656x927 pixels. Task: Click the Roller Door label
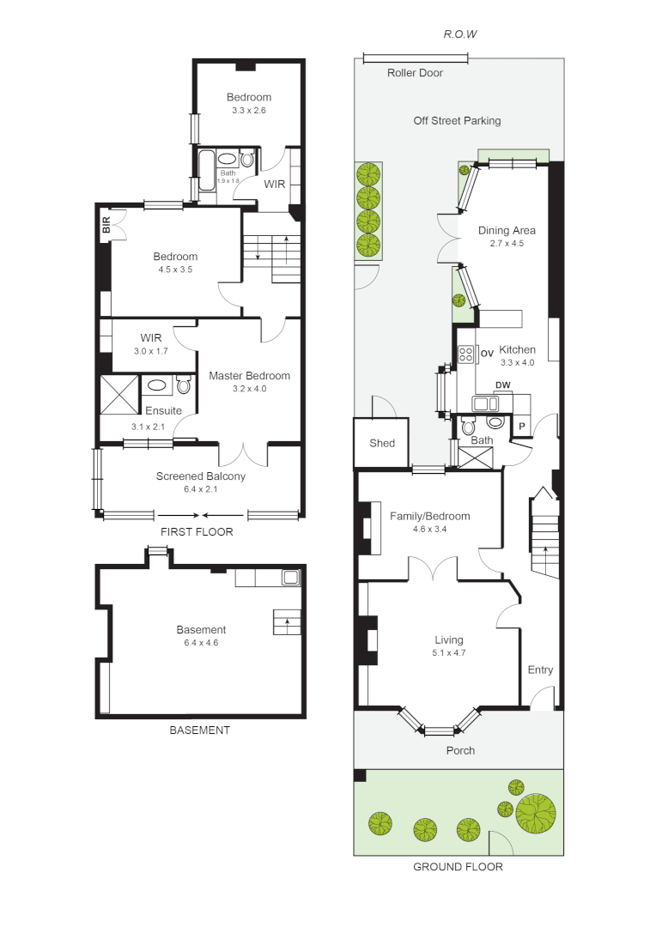pyautogui.click(x=415, y=73)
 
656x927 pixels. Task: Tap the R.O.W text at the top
pyautogui.click(x=459, y=34)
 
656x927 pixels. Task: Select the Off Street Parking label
pyautogui.click(x=457, y=121)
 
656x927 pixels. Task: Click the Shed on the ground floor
pyautogui.click(x=382, y=443)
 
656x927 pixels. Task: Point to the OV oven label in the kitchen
pyautogui.click(x=487, y=353)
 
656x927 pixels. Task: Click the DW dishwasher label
pyautogui.click(x=502, y=385)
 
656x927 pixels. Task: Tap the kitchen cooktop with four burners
pyautogui.click(x=466, y=353)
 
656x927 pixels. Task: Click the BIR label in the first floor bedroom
pyautogui.click(x=106, y=226)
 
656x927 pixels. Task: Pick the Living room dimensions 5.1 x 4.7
pyautogui.click(x=448, y=652)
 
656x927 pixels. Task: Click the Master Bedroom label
pyautogui.click(x=249, y=375)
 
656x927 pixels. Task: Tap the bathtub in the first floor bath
pyautogui.click(x=206, y=171)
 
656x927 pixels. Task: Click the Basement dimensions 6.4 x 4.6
pyautogui.click(x=201, y=642)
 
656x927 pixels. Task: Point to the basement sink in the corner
pyautogui.click(x=291, y=577)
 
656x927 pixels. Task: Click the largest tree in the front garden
pyautogui.click(x=535, y=813)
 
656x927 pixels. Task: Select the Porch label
pyautogui.click(x=459, y=750)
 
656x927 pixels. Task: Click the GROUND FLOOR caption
pyautogui.click(x=458, y=867)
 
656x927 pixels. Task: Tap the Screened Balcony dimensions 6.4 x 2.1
pyautogui.click(x=200, y=489)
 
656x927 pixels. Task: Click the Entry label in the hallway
pyautogui.click(x=540, y=670)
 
